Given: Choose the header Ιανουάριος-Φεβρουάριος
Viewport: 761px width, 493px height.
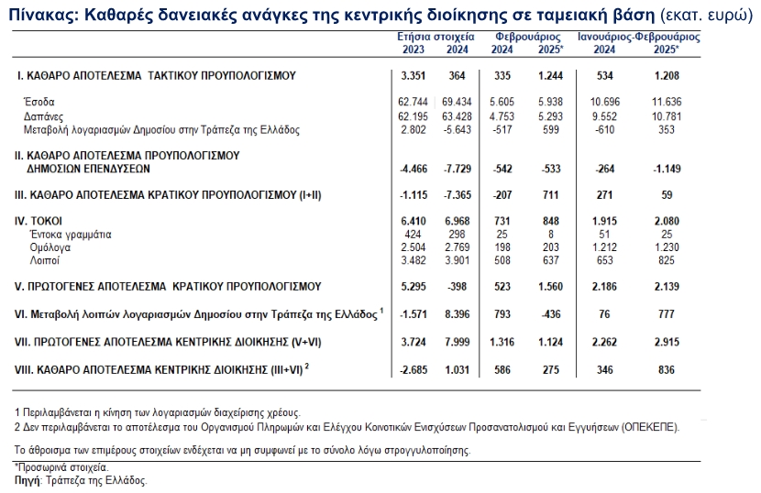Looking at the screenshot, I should (639, 38).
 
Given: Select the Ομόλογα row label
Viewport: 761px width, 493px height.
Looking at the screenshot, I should (48, 247).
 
